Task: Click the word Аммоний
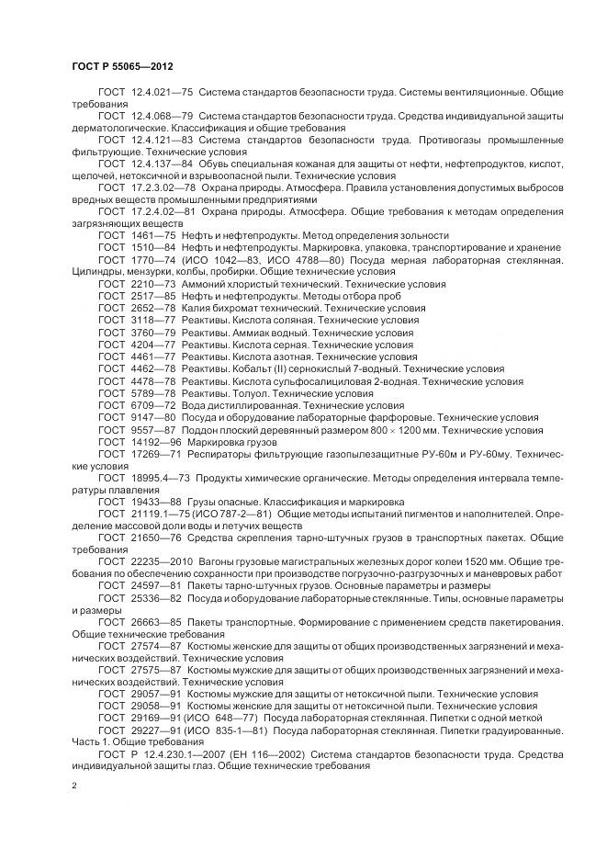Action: click(207, 285)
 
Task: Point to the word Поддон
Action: click(200, 429)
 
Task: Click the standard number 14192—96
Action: click(155, 442)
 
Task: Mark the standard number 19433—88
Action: click(155, 503)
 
